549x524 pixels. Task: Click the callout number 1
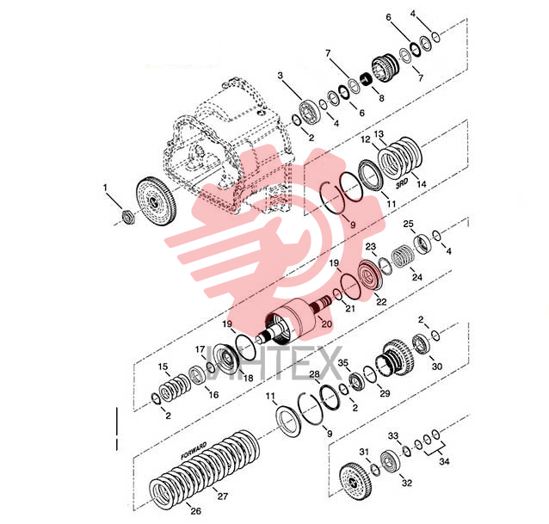pos(105,188)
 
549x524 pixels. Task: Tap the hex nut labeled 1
pos(128,217)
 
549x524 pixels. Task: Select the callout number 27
pos(223,496)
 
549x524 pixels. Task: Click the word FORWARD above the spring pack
pos(194,451)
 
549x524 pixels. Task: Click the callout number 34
pos(444,461)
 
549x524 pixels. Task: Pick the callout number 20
pos(326,324)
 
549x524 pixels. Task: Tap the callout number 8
pos(381,98)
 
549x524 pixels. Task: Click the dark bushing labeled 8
pos(366,80)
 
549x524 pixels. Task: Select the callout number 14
pos(421,183)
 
